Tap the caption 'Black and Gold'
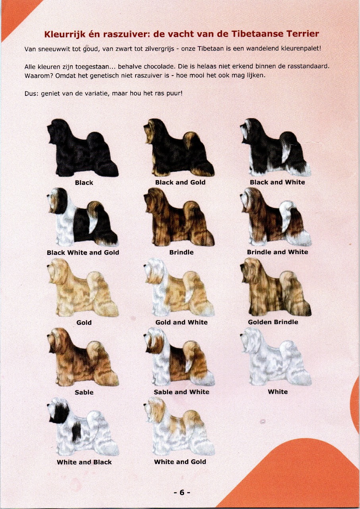coord(180,182)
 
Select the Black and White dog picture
coord(276,147)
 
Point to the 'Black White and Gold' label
coord(83,253)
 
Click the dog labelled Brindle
coord(179,217)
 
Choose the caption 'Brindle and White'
coord(277,252)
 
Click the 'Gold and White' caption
coord(181,322)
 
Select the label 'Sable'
coord(84,392)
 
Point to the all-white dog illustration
coord(276,356)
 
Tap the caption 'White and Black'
coord(84,462)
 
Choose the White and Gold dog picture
coord(179,427)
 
